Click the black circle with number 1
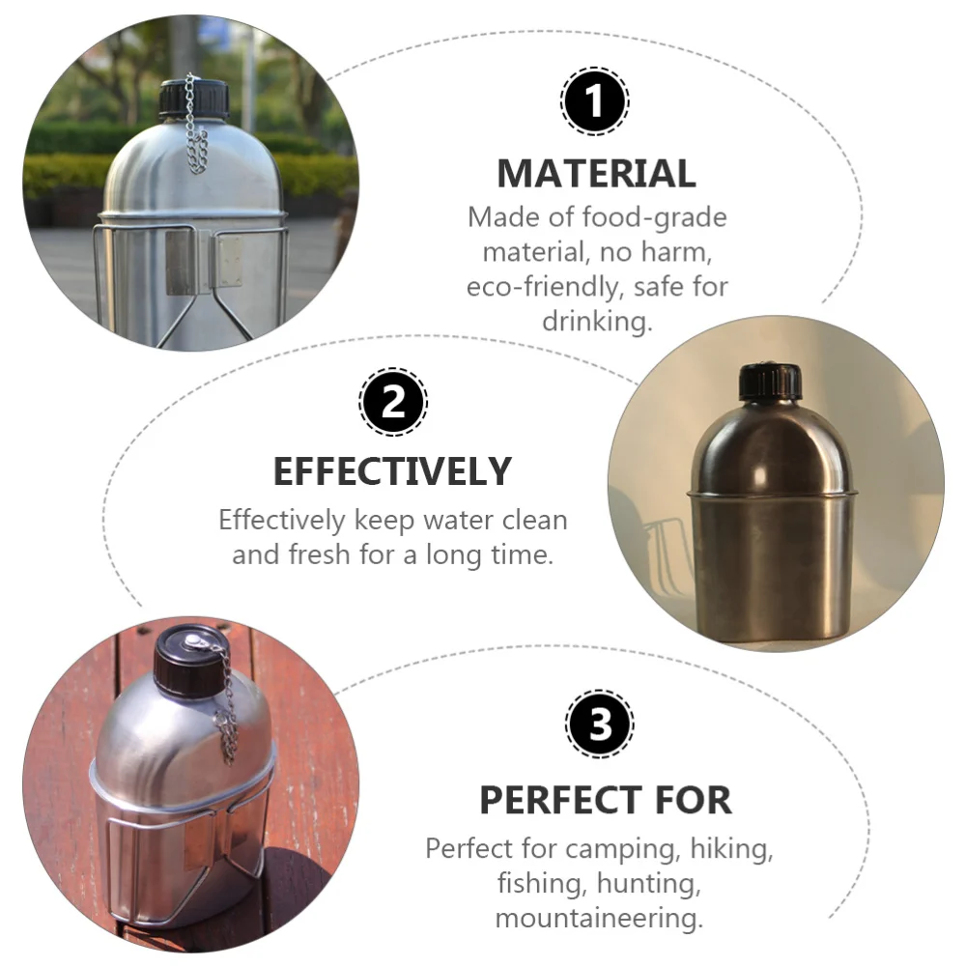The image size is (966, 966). [x=594, y=100]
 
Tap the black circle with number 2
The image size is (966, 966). [x=393, y=401]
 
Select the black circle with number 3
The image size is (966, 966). [x=599, y=724]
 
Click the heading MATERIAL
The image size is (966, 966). [x=596, y=174]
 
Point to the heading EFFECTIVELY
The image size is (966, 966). [x=392, y=472]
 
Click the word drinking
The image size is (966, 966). [x=597, y=321]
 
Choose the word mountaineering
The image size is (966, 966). [x=598, y=918]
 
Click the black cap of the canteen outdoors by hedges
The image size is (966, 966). [x=193, y=99]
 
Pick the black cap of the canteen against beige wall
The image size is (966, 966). [x=770, y=382]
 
